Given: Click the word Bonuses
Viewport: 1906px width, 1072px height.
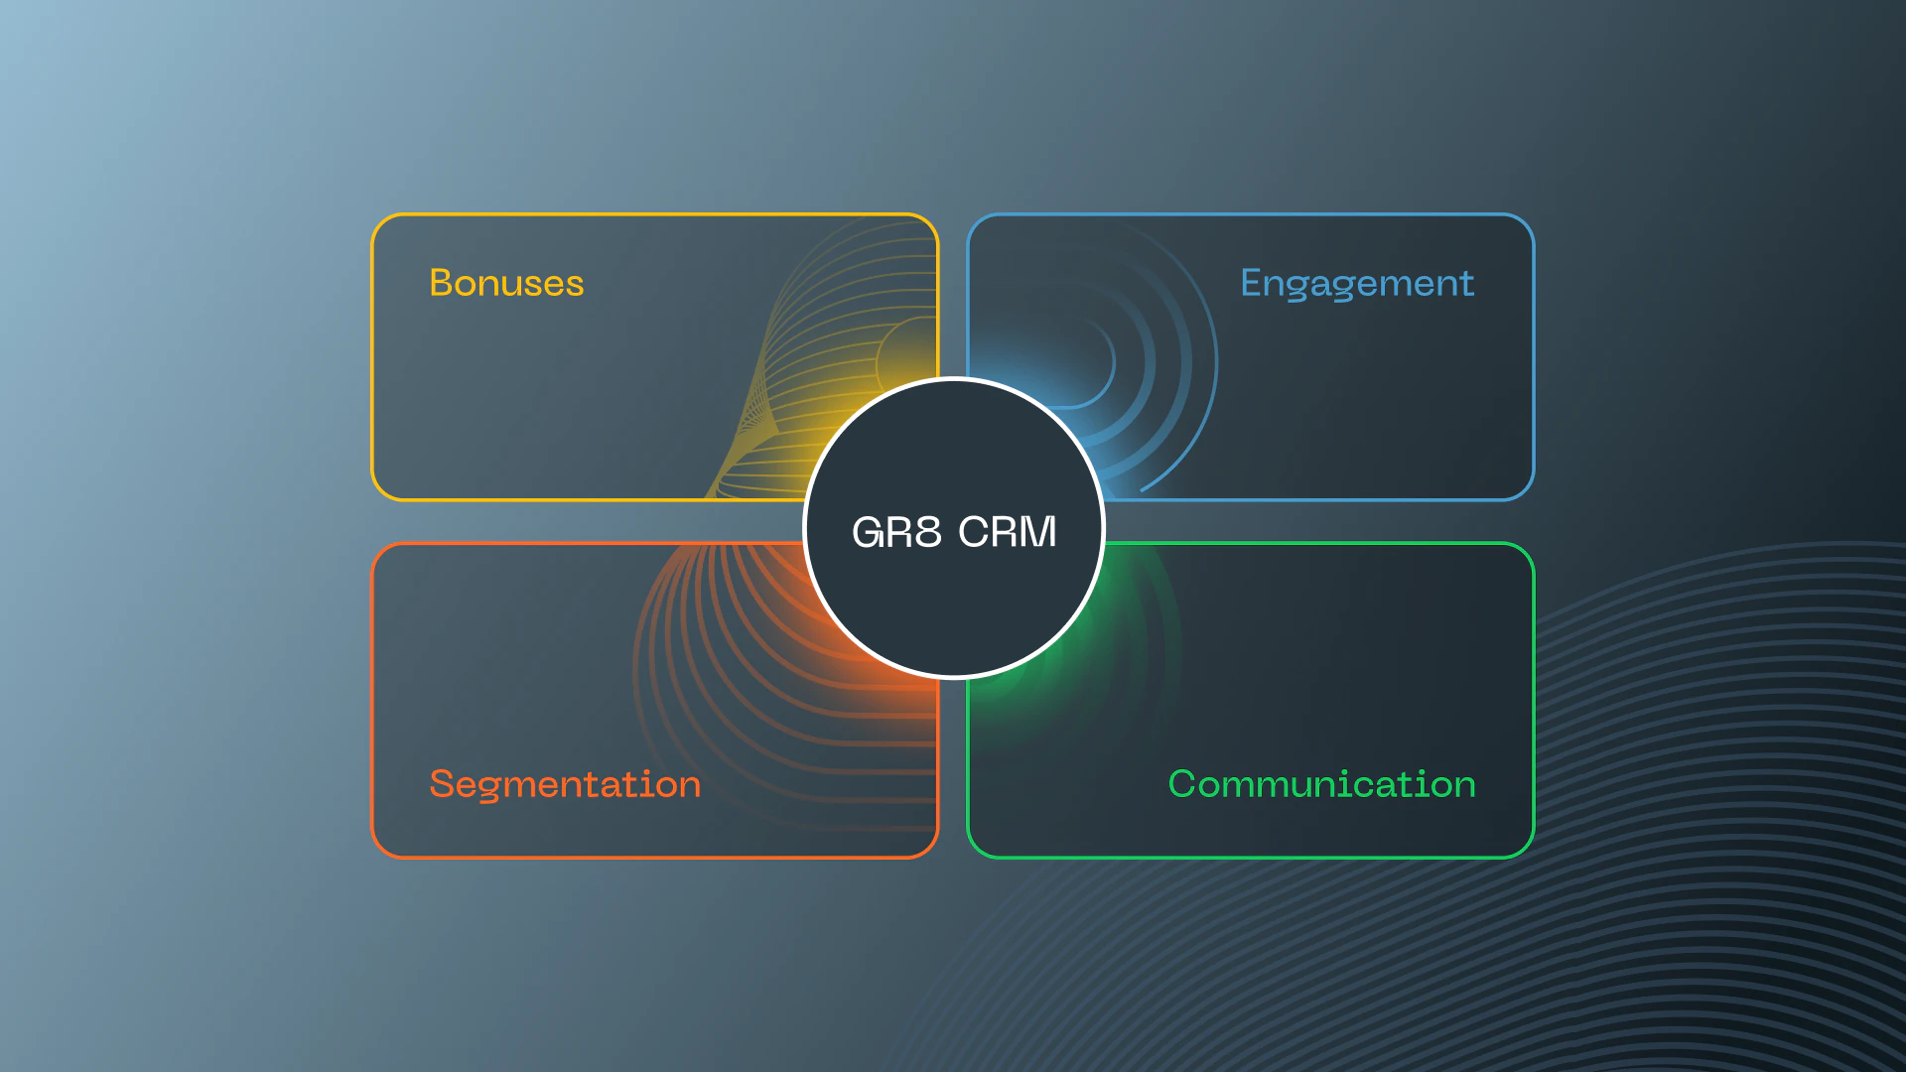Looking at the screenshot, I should (506, 283).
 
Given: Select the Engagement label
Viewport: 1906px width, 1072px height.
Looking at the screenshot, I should (1356, 284).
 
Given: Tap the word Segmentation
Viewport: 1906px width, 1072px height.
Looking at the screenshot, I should (565, 784).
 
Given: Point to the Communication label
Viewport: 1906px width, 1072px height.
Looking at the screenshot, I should (1321, 784).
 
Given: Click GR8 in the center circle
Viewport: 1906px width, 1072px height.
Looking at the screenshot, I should (896, 532).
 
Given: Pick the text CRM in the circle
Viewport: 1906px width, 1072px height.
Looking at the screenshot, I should (1007, 532).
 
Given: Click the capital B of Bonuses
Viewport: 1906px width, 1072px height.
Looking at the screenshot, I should (441, 283).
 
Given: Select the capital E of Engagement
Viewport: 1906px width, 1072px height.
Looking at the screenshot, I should (1251, 283).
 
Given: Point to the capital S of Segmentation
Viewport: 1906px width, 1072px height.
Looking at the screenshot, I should (441, 784).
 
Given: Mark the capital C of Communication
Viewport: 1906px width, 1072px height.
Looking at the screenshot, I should (1181, 784).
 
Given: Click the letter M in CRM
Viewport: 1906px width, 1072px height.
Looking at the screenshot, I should (1037, 532).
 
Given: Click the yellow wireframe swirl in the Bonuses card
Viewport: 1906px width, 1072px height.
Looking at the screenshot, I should (834, 377).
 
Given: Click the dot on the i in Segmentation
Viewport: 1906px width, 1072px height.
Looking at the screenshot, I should (644, 768).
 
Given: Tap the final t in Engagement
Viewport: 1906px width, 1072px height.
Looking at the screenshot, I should (1467, 284).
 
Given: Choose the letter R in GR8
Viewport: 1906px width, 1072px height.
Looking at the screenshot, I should (897, 532).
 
